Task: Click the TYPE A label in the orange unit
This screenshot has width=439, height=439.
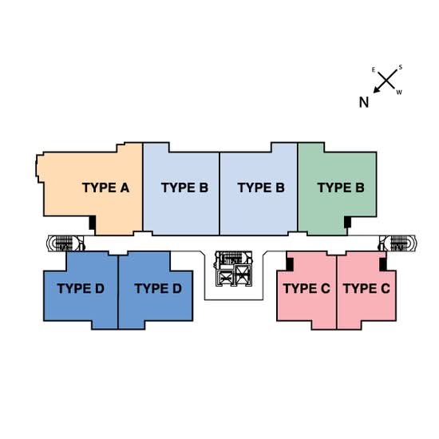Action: tap(106, 188)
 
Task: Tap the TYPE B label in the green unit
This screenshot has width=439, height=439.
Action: tap(341, 188)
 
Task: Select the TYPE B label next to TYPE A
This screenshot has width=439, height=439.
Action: tap(185, 188)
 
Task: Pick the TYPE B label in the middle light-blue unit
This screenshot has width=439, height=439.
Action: tap(261, 188)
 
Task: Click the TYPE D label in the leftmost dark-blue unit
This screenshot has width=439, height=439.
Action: tap(81, 288)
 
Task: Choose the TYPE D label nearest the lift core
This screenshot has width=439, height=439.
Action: tap(158, 288)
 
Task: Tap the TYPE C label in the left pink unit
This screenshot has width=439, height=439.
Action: tap(307, 288)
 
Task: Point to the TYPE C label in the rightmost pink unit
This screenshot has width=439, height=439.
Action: tap(367, 288)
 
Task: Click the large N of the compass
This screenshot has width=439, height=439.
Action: tap(364, 102)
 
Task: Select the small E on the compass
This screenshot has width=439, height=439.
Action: tap(374, 70)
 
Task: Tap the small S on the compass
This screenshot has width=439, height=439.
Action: tap(401, 67)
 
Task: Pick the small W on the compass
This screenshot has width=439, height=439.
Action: tap(399, 92)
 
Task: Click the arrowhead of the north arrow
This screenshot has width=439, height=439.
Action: tap(377, 89)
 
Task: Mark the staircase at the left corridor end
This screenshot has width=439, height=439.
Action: tap(65, 243)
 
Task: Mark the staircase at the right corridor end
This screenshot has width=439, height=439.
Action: tap(397, 243)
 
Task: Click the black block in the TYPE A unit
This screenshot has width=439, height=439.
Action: tap(92, 223)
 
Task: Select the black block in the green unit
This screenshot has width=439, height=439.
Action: tap(347, 223)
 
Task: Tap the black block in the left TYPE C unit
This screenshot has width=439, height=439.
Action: tap(290, 264)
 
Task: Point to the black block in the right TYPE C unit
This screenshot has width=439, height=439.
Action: tap(383, 264)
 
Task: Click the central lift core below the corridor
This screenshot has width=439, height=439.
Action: tap(234, 269)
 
